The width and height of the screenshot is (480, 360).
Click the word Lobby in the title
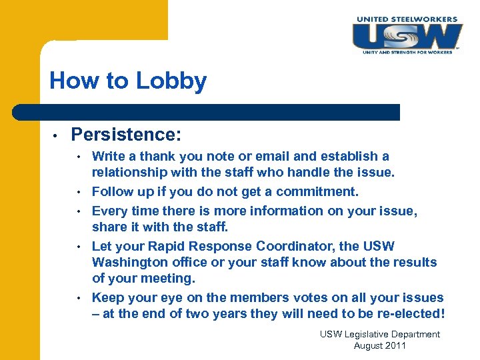click(171, 81)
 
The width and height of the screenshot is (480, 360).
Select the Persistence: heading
click(125, 135)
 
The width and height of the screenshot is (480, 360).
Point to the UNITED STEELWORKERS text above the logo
click(407, 19)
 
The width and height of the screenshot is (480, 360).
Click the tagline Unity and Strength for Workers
click(407, 51)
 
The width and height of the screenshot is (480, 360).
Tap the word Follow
click(111, 192)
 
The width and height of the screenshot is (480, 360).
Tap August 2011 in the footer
click(379, 345)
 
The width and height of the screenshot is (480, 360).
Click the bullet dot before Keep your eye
click(79, 297)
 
